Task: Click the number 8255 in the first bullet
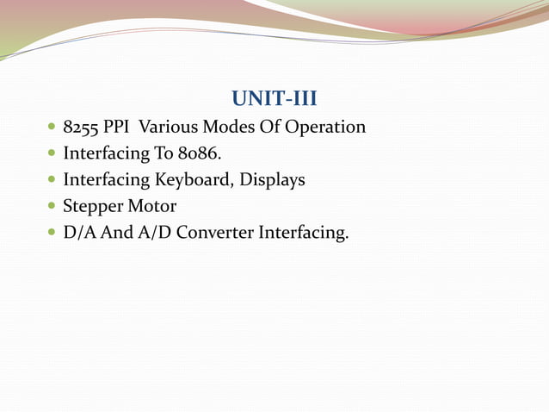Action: click(82, 128)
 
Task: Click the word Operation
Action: click(325, 128)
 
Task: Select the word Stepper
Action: click(93, 208)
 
